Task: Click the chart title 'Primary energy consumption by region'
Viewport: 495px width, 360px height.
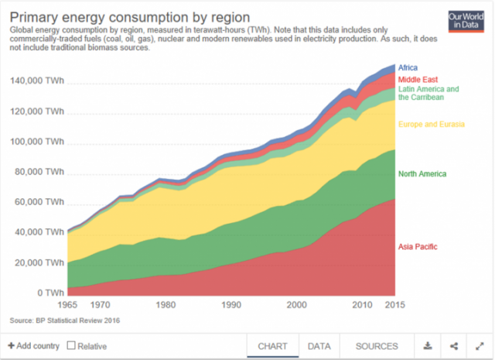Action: [129, 17]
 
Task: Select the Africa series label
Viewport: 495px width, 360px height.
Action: [408, 68]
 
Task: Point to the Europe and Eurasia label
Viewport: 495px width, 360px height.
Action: [431, 124]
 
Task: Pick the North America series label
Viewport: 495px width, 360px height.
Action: [422, 174]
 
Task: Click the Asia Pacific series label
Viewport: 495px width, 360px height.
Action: [417, 246]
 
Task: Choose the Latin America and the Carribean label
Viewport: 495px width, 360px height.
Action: [428, 94]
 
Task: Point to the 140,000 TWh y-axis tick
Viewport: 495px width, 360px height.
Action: [38, 81]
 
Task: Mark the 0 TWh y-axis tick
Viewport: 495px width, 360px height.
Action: [48, 293]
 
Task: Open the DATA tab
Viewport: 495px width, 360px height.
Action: [319, 346]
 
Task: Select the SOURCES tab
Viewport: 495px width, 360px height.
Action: [377, 346]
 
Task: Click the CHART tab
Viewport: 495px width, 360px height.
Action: [272, 346]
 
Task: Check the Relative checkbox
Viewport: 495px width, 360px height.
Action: [71, 346]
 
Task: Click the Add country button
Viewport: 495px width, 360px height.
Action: [32, 346]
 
